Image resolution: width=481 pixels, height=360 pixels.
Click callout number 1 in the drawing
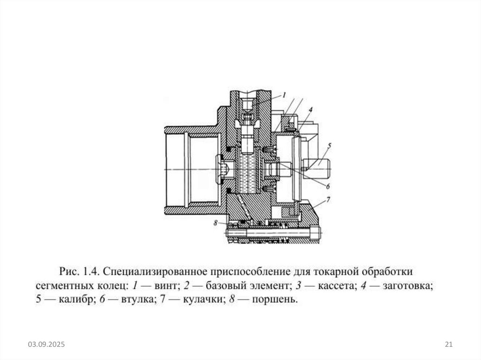pyautogui.click(x=284, y=95)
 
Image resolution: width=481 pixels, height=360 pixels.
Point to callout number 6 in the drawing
pyautogui.click(x=327, y=185)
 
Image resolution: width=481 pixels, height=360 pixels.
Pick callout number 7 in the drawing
pyautogui.click(x=328, y=200)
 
